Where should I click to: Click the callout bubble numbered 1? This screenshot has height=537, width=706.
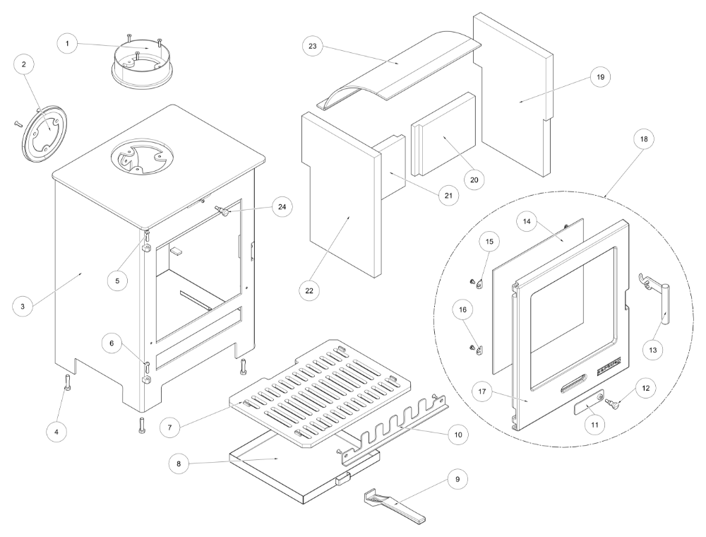click(68, 44)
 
